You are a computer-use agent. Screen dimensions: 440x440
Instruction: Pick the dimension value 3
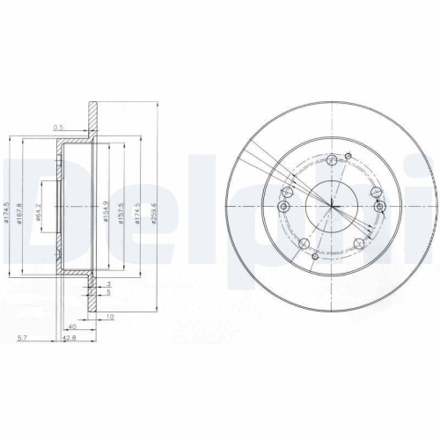tap(108, 284)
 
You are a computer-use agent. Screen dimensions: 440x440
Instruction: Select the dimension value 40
tap(72, 327)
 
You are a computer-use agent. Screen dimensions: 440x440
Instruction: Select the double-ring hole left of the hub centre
tap(284, 207)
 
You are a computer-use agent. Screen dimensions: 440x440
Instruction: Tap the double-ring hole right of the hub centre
tap(379, 207)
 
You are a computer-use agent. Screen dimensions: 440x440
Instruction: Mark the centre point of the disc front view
tap(332, 206)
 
